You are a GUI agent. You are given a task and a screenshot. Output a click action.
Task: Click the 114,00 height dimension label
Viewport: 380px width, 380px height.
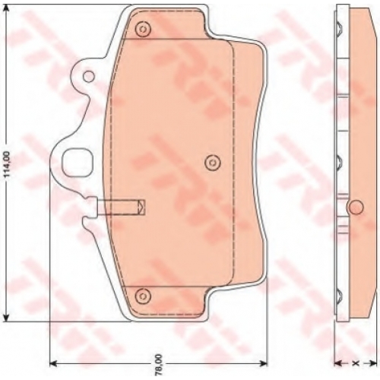pos(7,164)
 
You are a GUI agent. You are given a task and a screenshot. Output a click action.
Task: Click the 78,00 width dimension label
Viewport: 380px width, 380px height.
pos(159,365)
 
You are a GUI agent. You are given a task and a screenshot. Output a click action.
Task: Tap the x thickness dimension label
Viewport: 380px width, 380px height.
pos(356,363)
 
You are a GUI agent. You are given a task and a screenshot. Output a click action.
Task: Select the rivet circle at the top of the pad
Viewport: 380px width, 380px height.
pos(143,29)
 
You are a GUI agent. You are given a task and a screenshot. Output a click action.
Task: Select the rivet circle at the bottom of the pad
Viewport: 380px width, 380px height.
pos(143,296)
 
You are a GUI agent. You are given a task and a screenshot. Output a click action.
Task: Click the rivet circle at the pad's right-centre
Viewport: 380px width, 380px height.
pos(213,162)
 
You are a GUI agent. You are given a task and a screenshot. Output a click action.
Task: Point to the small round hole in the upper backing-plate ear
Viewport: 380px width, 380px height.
pos(89,76)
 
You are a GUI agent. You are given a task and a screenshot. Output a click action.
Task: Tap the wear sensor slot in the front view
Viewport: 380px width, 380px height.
pos(121,207)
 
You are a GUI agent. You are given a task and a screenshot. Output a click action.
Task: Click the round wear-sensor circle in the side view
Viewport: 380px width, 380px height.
pos(356,207)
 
